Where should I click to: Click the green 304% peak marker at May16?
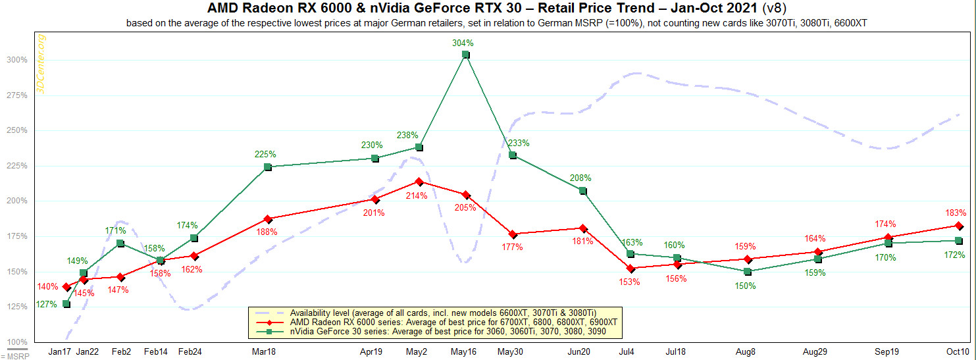point(465,55)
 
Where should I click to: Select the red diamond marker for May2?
point(419,182)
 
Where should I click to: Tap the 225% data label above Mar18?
point(265,155)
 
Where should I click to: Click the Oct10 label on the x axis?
point(958,352)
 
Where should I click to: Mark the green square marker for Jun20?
point(582,190)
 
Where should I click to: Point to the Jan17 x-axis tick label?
point(59,352)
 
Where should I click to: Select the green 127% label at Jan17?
point(47,304)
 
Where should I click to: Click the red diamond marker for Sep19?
point(888,238)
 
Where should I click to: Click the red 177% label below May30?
point(512,247)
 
